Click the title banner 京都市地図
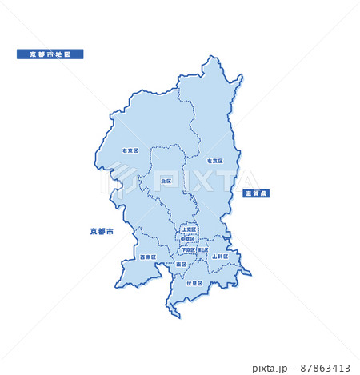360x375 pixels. click(50, 54)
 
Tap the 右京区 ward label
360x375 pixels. click(130, 150)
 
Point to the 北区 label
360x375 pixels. click(166, 182)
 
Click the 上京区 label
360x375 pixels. click(189, 229)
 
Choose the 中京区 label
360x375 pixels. click(187, 239)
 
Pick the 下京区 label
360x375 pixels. click(188, 249)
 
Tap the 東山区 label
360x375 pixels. click(203, 249)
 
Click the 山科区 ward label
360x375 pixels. click(220, 257)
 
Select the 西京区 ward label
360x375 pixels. click(147, 257)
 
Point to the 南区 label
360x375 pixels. click(182, 264)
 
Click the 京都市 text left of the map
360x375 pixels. click(102, 231)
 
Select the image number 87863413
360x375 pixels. click(322, 369)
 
